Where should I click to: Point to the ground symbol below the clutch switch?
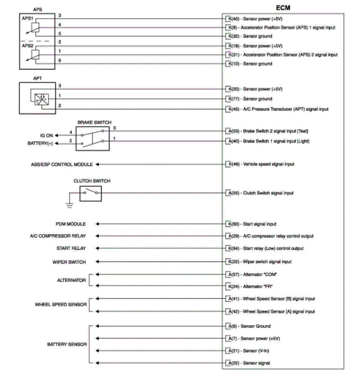[x=69, y=205]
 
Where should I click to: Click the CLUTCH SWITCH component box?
[x=90, y=193]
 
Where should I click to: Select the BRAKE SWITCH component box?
[x=93, y=138]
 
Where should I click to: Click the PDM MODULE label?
[x=71, y=224]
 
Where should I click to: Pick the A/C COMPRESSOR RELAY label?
[x=58, y=236]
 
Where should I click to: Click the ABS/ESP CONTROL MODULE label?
[x=62, y=165]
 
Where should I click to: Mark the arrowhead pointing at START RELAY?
[x=97, y=248]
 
